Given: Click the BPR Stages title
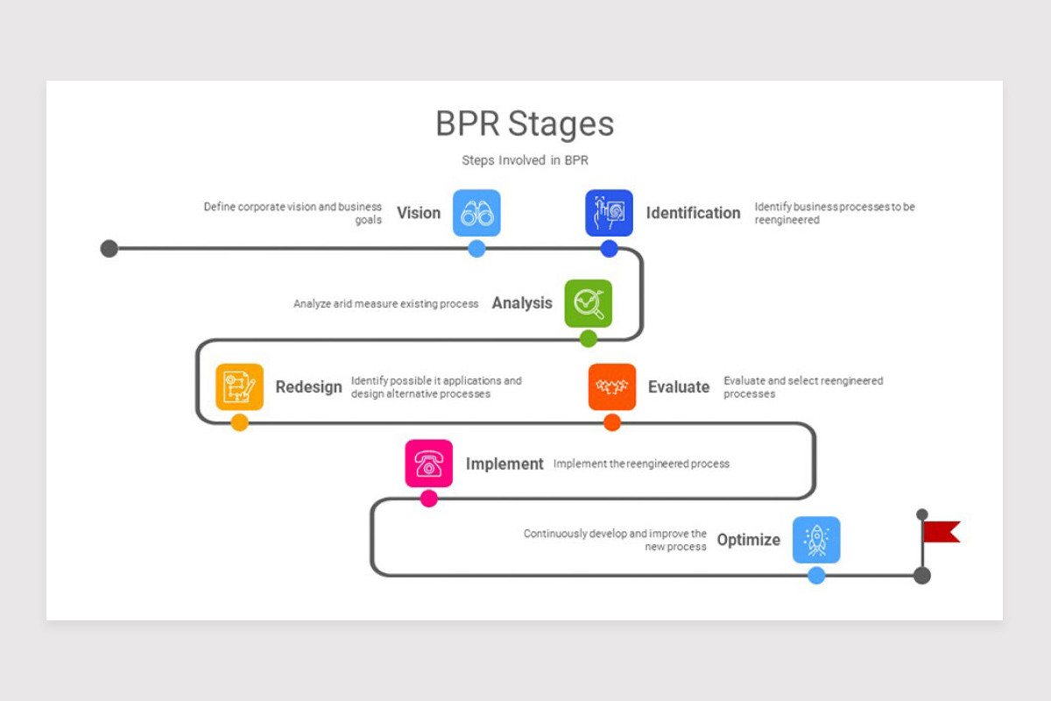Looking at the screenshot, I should [525, 124].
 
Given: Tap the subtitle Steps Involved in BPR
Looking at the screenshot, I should [525, 160].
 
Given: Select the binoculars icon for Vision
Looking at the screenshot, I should [476, 213].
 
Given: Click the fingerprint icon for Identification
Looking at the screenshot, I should [609, 213].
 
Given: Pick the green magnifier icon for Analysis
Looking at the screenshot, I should [588, 303].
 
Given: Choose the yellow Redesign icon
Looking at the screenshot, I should [239, 386].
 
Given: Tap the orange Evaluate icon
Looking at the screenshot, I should [611, 386].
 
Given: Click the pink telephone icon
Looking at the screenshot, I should [428, 464].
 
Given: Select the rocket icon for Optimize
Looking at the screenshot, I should [815, 540].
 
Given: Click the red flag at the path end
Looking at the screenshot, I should [942, 532].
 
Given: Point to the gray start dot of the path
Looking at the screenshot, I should [109, 249].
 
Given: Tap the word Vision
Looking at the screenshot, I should [419, 213].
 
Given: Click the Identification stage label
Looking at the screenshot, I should [693, 213].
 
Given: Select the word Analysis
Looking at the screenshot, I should [522, 303].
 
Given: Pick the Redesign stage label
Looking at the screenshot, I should [308, 386].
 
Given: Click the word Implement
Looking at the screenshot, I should [504, 464].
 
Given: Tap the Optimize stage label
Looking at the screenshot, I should [748, 540].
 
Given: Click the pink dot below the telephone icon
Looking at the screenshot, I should [428, 499].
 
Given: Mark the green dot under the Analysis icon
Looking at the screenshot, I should [589, 338].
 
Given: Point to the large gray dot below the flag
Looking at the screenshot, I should [922, 576].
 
